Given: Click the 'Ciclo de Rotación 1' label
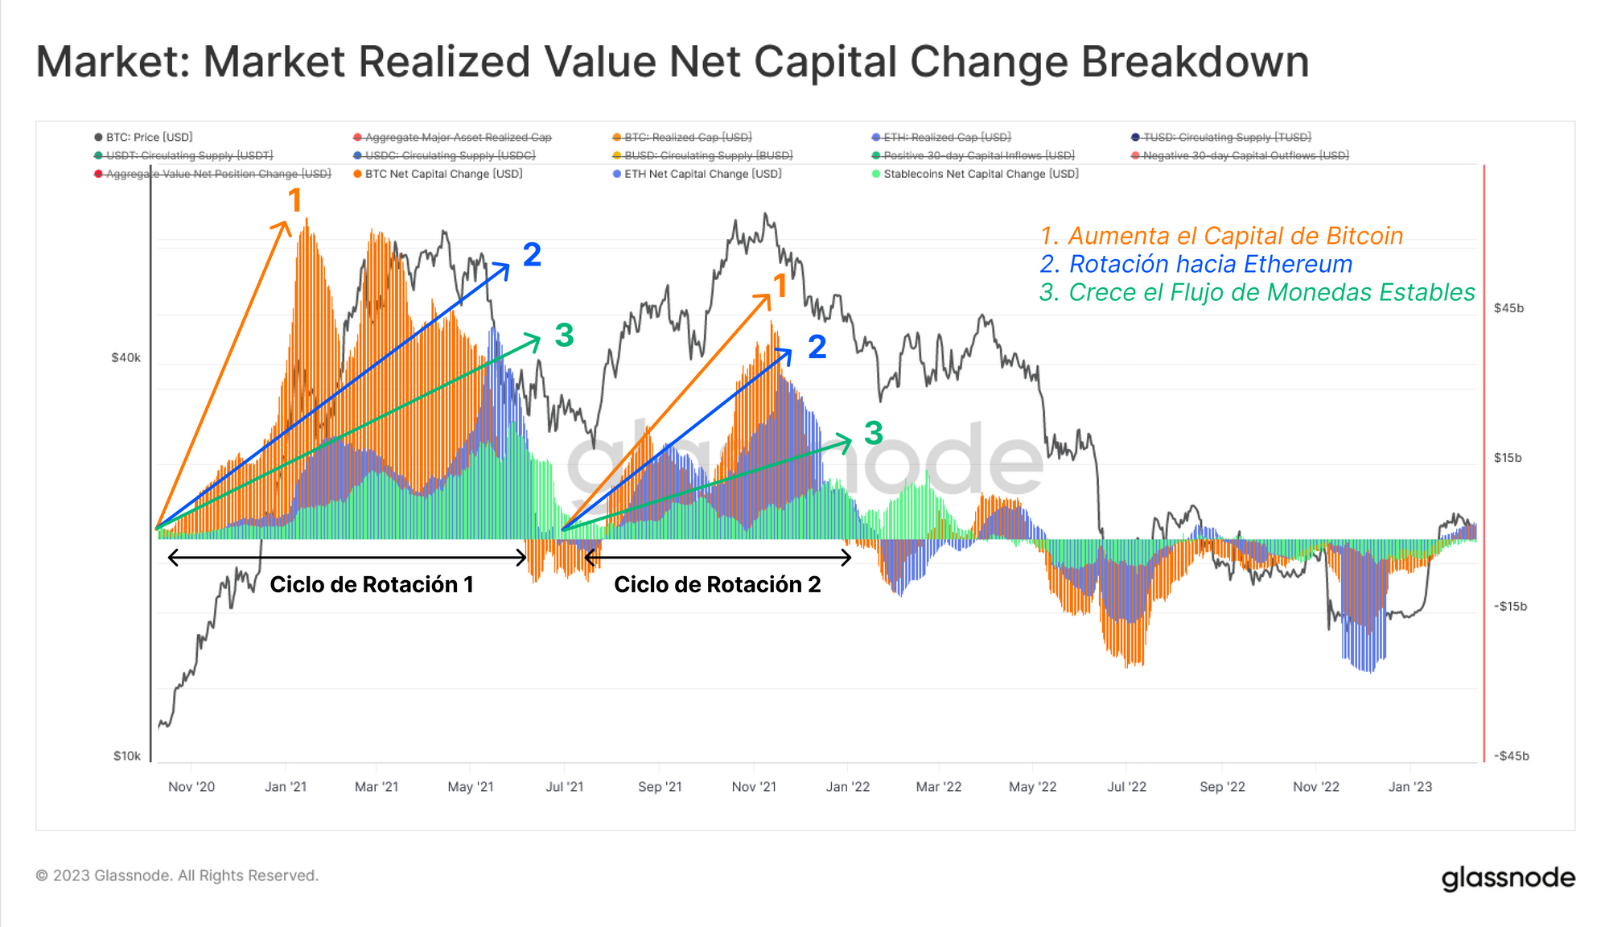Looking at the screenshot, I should [x=371, y=584].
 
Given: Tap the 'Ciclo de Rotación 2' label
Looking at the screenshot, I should [x=717, y=584].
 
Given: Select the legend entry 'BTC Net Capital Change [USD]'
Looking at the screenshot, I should [x=443, y=174].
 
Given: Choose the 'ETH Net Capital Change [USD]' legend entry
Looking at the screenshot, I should [x=702, y=174].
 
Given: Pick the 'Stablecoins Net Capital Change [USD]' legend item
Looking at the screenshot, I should [x=980, y=174].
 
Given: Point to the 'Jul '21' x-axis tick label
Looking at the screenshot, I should [x=564, y=787].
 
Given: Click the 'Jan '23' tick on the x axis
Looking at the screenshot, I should [x=1409, y=787].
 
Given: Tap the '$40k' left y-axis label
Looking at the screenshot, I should [x=126, y=357].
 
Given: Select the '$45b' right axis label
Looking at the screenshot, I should [x=1508, y=308].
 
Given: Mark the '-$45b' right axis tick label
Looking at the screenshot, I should [x=1511, y=756].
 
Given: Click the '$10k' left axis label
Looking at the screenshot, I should [x=126, y=756].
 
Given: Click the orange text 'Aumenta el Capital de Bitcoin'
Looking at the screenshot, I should [x=1235, y=236].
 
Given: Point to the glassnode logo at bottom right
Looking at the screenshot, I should [x=1508, y=878].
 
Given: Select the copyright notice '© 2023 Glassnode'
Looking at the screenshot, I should [x=177, y=875].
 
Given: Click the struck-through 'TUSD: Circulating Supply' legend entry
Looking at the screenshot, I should [x=1226, y=138].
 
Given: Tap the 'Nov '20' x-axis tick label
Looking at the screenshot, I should [x=191, y=787].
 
